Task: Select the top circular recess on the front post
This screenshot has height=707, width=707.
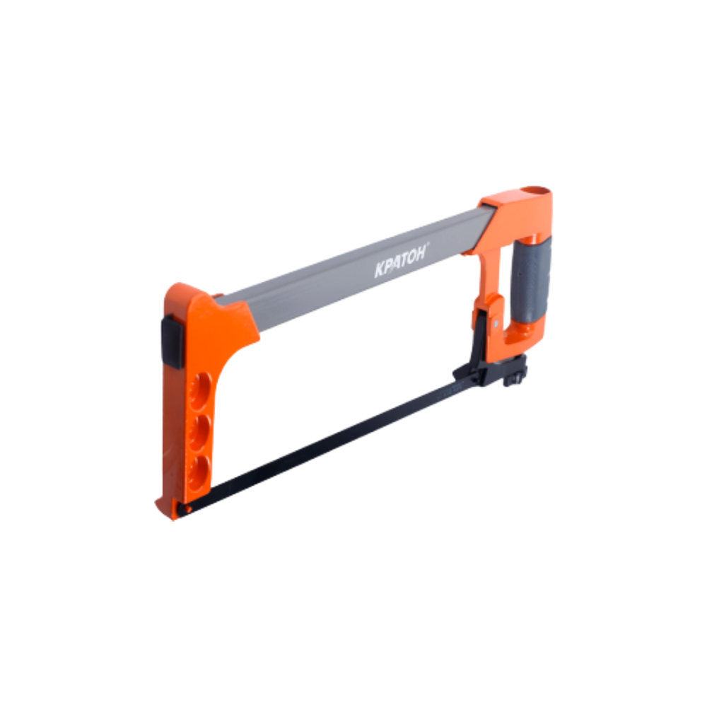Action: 200,392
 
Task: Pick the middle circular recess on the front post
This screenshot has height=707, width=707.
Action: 200,433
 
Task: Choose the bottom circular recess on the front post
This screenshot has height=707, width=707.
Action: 199,474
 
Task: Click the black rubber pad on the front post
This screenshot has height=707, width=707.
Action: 172,341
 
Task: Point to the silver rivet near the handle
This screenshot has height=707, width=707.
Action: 496,323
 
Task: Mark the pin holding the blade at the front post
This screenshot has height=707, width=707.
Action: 182,509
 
